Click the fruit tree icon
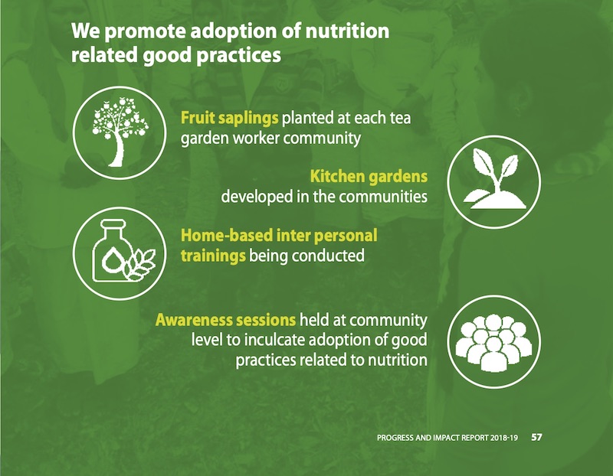120,132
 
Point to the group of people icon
493,343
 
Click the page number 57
536,437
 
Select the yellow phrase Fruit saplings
229,118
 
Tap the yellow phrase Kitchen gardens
369,176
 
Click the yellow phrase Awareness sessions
225,320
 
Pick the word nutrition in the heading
347,31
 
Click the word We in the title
85,31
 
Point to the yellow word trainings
213,256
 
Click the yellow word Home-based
227,236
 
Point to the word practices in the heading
239,55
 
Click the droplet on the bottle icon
111,258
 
